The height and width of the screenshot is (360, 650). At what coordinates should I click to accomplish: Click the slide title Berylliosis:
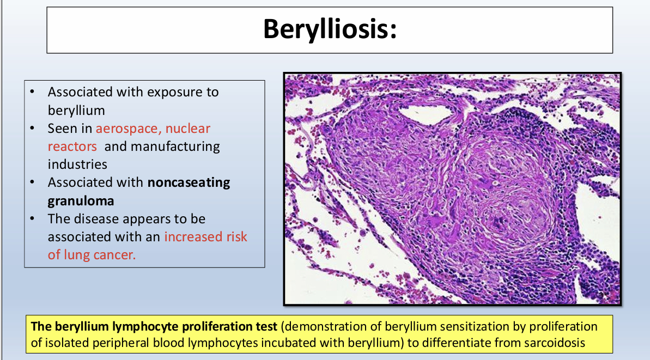click(x=330, y=30)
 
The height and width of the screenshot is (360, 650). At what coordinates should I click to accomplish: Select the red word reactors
click(x=72, y=147)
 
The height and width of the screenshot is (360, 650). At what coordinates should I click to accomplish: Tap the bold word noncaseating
click(x=189, y=182)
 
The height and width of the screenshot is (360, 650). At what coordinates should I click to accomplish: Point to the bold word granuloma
click(x=81, y=201)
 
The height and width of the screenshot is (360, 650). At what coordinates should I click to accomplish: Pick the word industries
click(x=77, y=164)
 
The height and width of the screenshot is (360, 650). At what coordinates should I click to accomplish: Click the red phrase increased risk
click(x=205, y=236)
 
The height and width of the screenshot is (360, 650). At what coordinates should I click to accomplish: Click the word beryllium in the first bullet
click(x=76, y=111)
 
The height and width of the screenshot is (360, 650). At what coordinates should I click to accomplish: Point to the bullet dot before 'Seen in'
click(x=32, y=129)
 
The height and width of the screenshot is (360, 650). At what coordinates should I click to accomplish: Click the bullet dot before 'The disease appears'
click(x=32, y=218)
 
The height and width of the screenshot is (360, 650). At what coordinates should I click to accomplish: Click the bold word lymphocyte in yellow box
click(x=145, y=327)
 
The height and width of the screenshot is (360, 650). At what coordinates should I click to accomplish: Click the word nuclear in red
click(x=188, y=129)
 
